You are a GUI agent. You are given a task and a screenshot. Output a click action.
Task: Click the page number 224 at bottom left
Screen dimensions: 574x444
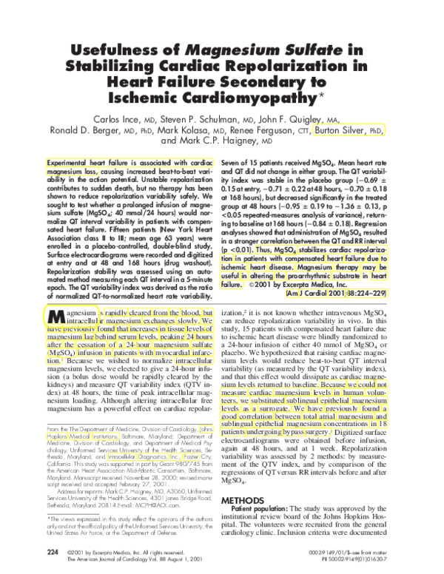click(52, 551)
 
